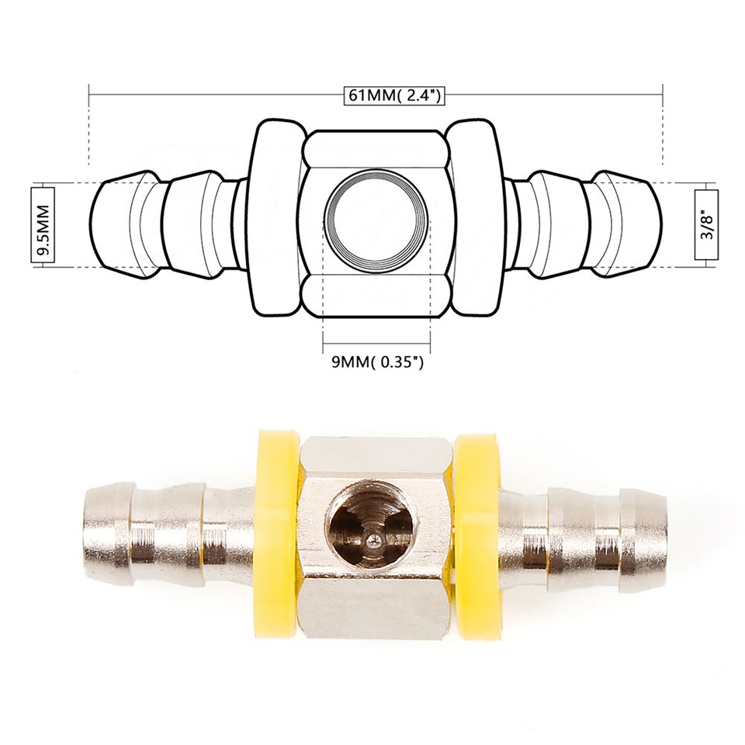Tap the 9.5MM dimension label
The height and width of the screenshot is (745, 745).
click(x=43, y=225)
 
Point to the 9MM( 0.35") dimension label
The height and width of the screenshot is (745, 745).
click(x=376, y=362)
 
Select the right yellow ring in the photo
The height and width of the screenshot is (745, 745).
click(x=478, y=535)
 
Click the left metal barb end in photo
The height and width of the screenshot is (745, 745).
click(x=109, y=535)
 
